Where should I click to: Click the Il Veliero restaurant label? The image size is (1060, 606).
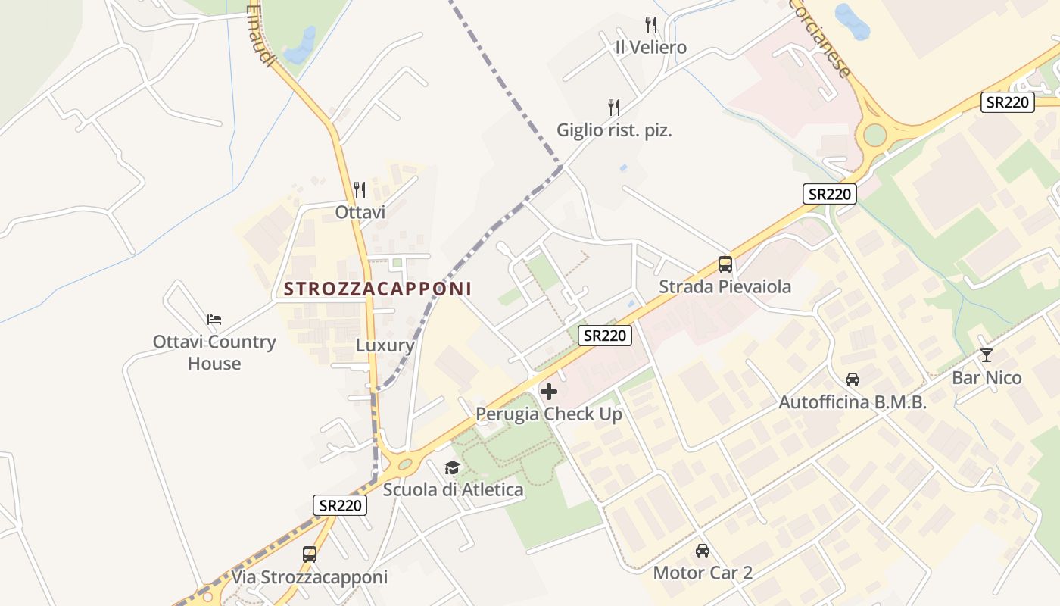[650, 47]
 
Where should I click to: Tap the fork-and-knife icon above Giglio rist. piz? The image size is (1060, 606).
[614, 108]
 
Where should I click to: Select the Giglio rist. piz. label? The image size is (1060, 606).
[614, 130]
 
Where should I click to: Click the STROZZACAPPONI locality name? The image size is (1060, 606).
[378, 289]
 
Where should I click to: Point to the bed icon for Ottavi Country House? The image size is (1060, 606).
[214, 319]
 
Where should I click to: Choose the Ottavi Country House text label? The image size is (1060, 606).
[214, 352]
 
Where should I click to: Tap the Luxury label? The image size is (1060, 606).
[385, 346]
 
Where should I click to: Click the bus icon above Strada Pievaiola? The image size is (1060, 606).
[725, 264]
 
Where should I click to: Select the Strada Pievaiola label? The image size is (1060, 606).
[725, 287]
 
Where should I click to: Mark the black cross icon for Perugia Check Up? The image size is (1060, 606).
[549, 392]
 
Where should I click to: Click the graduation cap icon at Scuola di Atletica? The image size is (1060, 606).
[453, 467]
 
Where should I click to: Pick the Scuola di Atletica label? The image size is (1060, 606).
[453, 490]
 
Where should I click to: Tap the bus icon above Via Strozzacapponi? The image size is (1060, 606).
[310, 554]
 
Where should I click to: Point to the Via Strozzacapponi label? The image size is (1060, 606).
[309, 577]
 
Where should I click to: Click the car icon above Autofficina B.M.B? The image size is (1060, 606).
[853, 379]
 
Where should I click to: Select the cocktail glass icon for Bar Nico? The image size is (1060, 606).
[986, 355]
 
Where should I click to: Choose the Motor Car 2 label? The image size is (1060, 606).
[703, 573]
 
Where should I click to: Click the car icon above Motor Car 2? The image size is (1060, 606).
[703, 550]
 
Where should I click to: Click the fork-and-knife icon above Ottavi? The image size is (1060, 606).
[360, 189]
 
